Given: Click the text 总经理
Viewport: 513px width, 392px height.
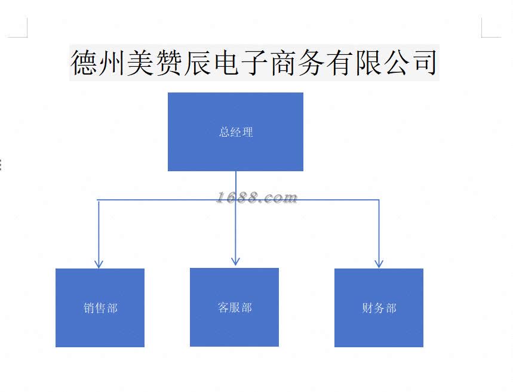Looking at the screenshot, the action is click(236, 132).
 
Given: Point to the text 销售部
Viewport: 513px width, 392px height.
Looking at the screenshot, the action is click(100, 308).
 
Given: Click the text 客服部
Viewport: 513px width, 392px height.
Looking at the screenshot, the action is click(235, 308).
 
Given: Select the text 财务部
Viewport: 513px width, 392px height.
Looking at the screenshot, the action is click(379, 308).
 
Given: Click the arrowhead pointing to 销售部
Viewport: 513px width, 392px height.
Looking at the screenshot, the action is click(99, 263).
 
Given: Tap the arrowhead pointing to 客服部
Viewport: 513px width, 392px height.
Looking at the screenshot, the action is click(235, 261).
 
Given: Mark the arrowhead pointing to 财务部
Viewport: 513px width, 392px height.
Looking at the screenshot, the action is click(379, 263).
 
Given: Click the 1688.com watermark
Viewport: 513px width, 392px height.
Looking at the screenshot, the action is click(257, 197).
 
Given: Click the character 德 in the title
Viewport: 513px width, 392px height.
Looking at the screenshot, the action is click(85, 63).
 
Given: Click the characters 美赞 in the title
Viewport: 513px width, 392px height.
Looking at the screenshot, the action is click(156, 63).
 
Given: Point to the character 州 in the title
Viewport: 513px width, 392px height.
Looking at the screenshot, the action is click(113, 63).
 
